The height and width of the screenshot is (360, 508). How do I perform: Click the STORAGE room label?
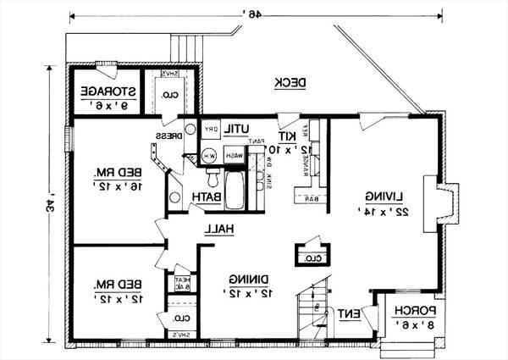point(102,91)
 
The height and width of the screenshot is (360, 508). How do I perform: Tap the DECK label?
point(290,81)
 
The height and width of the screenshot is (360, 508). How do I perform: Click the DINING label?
point(249,277)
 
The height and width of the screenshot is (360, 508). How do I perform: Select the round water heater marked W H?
point(208,157)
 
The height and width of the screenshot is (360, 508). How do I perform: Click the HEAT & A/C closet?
point(182,284)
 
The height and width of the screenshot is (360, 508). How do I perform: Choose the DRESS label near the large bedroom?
point(165,136)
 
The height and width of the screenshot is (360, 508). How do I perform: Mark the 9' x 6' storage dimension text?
point(102,106)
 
